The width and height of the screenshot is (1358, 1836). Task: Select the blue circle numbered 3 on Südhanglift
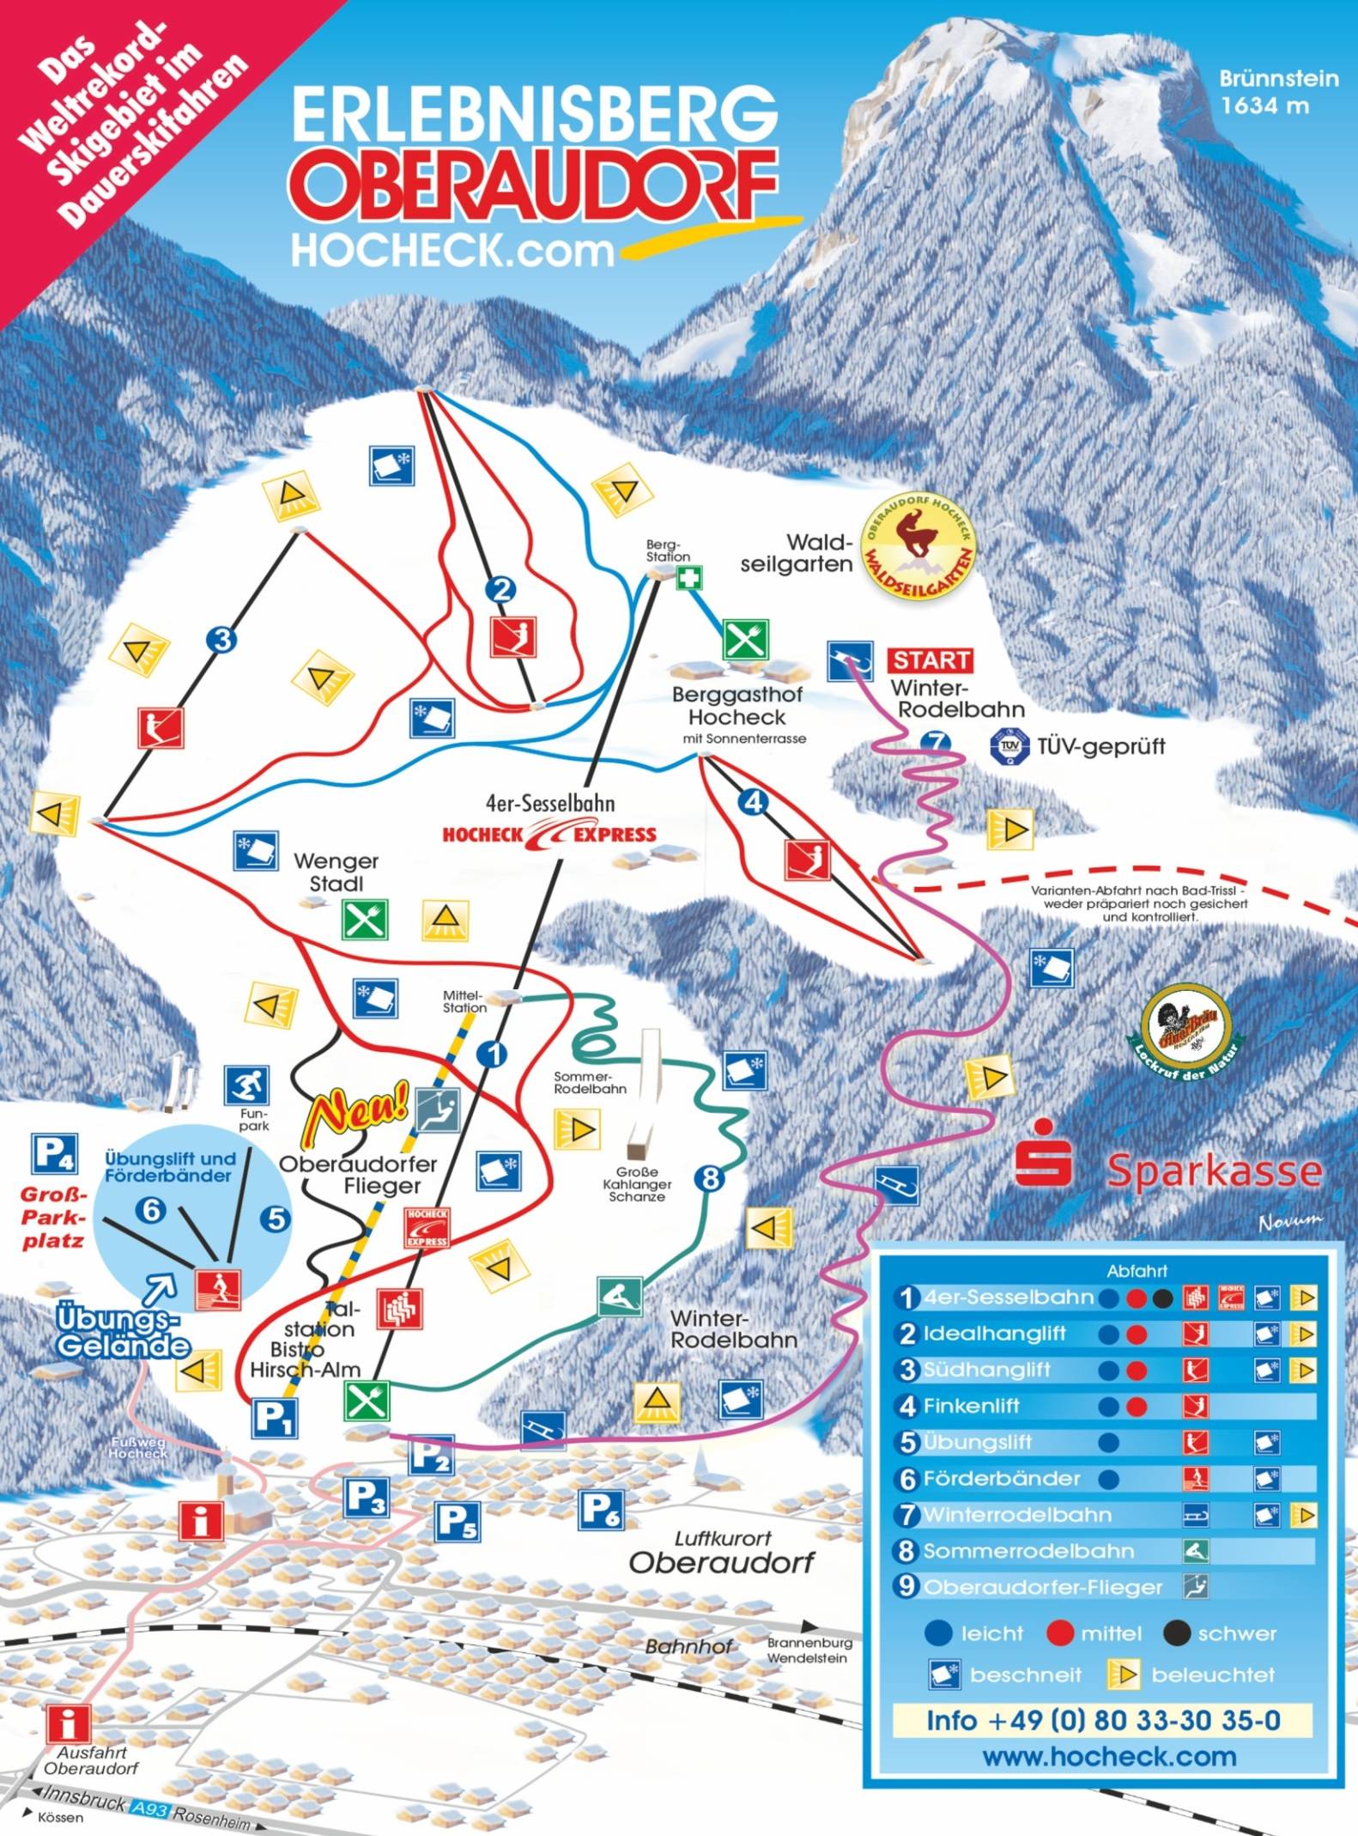[x=221, y=639]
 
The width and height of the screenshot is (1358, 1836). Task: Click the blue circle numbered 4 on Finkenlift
[x=753, y=802]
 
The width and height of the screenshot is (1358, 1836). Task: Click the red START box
[x=931, y=660]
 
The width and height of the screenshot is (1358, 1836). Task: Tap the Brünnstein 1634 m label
[x=1278, y=91]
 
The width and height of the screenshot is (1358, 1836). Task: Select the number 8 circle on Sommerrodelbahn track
[x=710, y=1179]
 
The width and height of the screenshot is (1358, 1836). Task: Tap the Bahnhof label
[x=688, y=1646]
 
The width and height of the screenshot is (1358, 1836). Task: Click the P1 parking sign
[x=274, y=1418]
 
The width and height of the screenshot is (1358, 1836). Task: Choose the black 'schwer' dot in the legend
[x=1176, y=1632]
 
